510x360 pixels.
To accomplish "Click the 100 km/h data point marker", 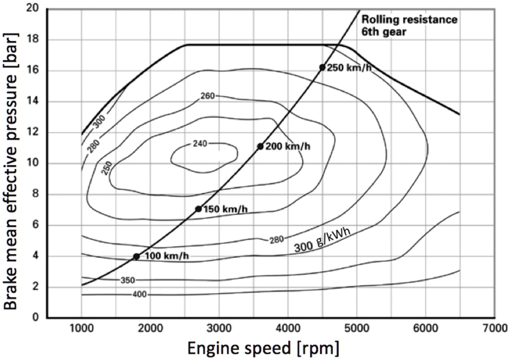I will click(136, 256).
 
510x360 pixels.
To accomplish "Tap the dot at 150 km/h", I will click(198, 209).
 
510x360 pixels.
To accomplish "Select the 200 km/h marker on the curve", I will click(260, 147).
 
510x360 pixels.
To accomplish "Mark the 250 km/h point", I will click(322, 67).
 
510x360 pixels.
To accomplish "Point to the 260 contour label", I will click(207, 96).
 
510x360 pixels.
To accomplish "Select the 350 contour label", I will click(127, 281).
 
